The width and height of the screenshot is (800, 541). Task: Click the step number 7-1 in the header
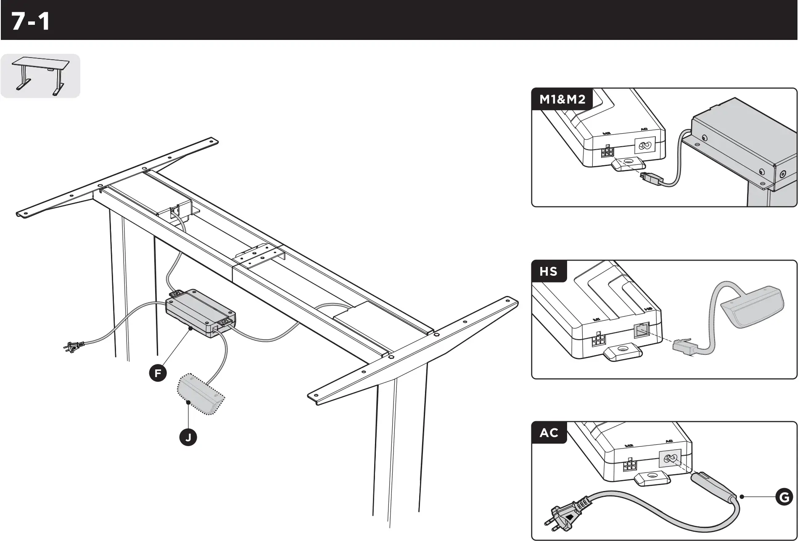31,21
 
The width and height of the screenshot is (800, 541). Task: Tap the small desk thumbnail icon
40,76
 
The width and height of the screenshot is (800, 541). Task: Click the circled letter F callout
158,373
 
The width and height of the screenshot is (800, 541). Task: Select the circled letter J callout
188,438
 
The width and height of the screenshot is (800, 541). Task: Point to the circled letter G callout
784,497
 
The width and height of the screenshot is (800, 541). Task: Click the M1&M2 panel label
562,100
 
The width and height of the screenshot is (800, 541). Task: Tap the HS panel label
549,272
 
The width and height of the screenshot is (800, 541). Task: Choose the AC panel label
549,433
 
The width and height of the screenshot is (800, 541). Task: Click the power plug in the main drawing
74,346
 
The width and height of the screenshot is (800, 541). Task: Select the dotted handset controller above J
201,394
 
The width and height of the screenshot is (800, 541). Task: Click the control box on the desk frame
201,313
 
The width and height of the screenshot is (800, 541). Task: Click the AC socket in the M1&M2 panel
644,146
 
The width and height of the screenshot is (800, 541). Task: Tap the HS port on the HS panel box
641,330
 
